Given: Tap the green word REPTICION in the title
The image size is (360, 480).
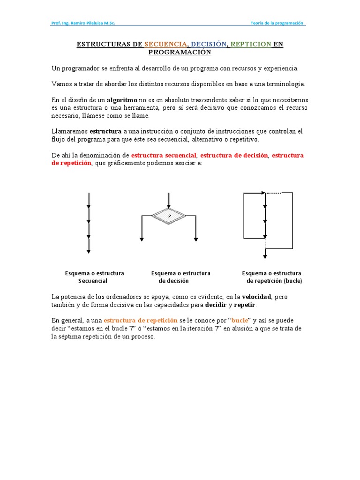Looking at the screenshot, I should pos(251,44).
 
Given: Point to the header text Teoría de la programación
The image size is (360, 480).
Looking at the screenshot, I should pos(277,23).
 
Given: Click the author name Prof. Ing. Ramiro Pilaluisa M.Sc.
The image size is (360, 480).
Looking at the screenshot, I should pos(83,23).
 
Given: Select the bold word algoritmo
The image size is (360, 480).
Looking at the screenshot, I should pos(122,100).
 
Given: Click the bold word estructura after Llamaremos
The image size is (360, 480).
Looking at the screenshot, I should pos(105,131).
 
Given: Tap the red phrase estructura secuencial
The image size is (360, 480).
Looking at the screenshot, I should pos(164,155).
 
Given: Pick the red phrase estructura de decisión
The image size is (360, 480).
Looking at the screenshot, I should pos(234,155).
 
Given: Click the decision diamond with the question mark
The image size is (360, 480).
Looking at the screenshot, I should pos(169,216).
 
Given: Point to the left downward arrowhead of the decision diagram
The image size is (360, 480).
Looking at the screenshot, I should pos(142,239).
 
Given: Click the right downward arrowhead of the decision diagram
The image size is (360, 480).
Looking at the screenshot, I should pos(196,239).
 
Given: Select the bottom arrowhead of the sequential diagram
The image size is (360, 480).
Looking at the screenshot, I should pos(89,251).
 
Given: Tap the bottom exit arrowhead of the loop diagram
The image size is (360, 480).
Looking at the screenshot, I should pos(265,256).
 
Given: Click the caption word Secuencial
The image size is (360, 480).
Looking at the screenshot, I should pos(92,281).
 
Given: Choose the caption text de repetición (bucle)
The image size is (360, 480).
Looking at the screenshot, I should pos(274,281).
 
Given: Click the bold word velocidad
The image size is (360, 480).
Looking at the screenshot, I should pos(256,297).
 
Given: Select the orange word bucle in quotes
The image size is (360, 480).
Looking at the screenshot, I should pos(240,320).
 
